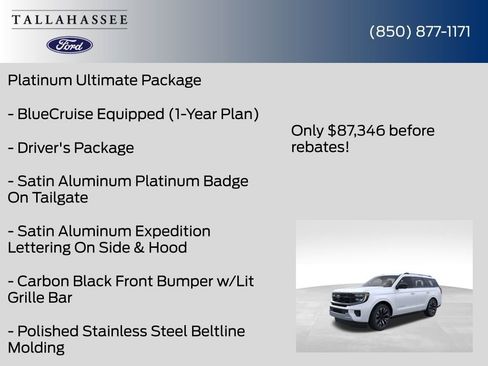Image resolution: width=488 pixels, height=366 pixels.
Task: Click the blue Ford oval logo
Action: point(70,45)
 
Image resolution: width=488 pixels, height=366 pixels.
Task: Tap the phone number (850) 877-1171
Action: point(420,31)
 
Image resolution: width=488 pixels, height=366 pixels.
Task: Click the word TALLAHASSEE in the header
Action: point(70,19)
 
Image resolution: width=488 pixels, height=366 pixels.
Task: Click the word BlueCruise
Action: point(62,114)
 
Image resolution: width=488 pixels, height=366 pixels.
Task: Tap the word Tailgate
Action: point(62,198)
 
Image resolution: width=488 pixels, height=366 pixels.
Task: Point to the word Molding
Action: point(36,348)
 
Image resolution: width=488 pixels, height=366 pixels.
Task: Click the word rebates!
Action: point(320,148)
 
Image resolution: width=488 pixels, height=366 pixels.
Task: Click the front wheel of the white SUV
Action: point(380,317)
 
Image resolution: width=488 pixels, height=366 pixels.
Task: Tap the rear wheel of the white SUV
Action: point(432,306)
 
